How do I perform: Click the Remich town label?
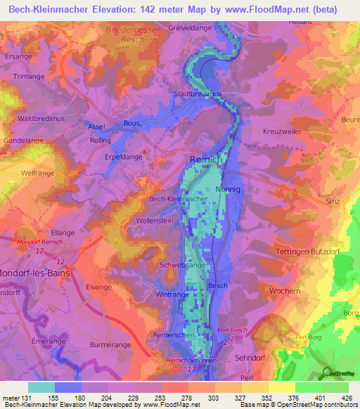point(205,160)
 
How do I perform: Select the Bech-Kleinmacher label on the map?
point(178,200)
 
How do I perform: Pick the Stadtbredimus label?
point(198,93)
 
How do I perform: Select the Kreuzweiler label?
point(281,133)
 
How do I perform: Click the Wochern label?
point(285,290)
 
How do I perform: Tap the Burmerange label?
point(111,345)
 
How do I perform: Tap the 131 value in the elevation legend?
point(25,398)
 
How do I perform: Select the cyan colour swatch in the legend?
point(41,387)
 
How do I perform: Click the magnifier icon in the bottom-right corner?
point(326,373)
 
